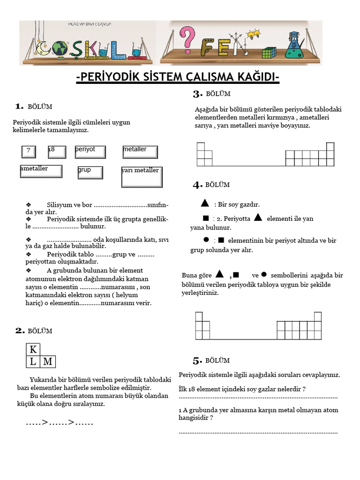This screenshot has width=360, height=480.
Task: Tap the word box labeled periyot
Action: click(x=90, y=152)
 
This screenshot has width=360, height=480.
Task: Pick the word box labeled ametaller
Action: click(x=41, y=171)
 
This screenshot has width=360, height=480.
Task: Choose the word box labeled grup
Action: click(x=90, y=172)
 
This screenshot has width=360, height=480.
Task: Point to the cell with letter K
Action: click(x=33, y=350)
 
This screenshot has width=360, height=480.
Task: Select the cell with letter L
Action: click(x=33, y=361)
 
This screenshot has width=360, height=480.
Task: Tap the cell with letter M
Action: click(x=48, y=361)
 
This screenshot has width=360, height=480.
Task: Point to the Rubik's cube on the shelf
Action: click(x=269, y=52)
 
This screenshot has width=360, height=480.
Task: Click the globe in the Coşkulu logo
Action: click(x=60, y=48)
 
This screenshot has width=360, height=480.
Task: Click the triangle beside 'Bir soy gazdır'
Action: click(x=204, y=203)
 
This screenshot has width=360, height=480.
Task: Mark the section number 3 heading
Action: click(x=197, y=94)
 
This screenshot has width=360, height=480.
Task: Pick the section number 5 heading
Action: click(x=197, y=360)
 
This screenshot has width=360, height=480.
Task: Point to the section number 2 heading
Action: click(x=20, y=331)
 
